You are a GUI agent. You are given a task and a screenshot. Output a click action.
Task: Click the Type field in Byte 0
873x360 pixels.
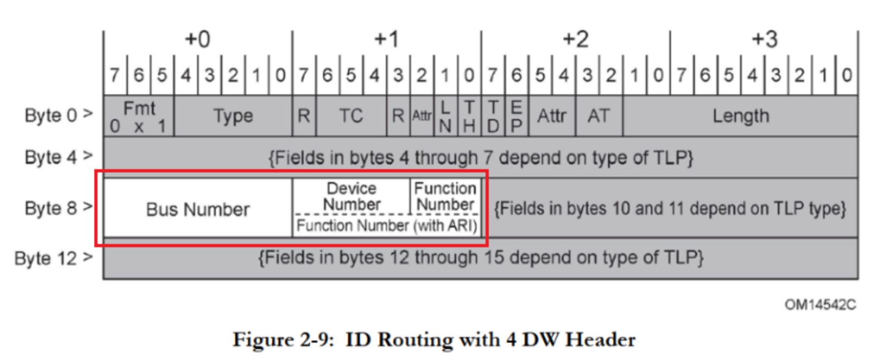click(x=233, y=116)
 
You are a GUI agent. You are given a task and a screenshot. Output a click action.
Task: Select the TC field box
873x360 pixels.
click(x=351, y=116)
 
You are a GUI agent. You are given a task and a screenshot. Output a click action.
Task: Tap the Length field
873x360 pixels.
click(x=740, y=116)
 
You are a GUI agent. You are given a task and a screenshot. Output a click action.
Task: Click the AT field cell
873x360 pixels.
click(x=599, y=116)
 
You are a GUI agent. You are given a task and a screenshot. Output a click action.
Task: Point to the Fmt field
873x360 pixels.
click(x=139, y=116)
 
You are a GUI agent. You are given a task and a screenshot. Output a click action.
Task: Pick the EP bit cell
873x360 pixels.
click(x=516, y=116)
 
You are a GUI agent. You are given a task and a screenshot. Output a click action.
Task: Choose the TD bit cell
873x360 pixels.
click(x=493, y=116)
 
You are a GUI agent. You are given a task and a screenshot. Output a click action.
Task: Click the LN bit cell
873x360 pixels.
click(x=445, y=116)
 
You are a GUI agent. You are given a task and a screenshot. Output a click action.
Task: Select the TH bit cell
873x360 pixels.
click(x=469, y=116)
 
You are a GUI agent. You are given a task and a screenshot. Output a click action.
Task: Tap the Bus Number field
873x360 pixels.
click(x=198, y=209)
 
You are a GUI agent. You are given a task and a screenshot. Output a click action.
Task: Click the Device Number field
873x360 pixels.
click(x=352, y=196)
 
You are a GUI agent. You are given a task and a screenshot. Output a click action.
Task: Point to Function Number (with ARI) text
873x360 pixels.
click(x=387, y=226)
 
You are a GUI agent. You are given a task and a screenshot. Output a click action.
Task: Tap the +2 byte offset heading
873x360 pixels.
click(x=575, y=40)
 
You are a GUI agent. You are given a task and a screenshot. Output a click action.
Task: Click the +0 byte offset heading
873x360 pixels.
click(x=197, y=40)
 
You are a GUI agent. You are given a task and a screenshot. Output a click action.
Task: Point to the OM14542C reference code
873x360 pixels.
click(x=820, y=305)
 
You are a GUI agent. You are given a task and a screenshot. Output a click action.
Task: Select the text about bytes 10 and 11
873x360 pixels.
click(x=670, y=209)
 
